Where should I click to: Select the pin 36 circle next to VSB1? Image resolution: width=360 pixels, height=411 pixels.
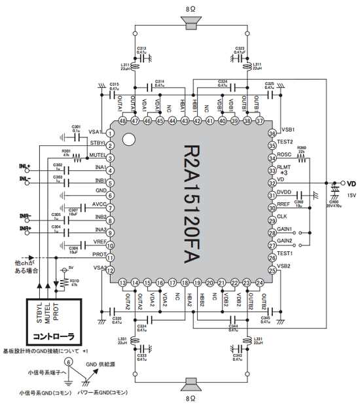pos(272,134)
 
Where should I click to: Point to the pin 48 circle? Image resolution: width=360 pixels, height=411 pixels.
pos(123,121)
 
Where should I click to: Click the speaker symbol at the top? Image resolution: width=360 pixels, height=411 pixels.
pos(191,24)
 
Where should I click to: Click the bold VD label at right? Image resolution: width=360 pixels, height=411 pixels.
pos(350,184)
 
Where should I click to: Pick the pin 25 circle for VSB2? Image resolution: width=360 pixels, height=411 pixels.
pos(272,270)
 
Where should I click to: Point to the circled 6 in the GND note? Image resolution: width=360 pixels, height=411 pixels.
pos(69,361)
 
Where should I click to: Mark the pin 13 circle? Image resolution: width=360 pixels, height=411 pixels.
pos(123,282)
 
